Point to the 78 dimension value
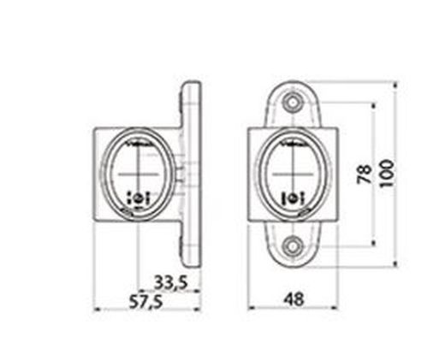[x=364, y=174]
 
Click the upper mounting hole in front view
[x=294, y=103]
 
